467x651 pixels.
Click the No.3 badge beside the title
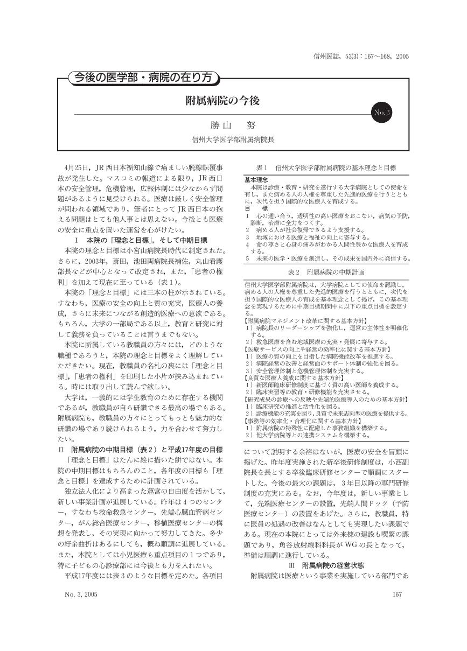(x=383, y=113)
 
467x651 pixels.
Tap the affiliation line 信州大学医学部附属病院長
(x=233, y=139)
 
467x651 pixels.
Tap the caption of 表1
(x=326, y=168)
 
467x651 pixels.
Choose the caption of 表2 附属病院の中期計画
(x=327, y=272)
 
